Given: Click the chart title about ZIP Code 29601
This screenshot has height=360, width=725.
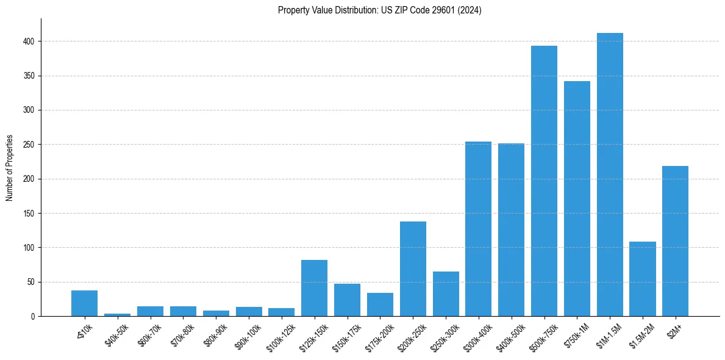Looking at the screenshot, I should click(379, 10).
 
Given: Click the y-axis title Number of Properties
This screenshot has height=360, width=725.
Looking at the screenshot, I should click(10, 167).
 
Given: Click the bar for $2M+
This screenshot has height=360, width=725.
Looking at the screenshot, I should click(675, 241).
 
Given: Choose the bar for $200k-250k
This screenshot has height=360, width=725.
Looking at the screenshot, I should click(413, 268).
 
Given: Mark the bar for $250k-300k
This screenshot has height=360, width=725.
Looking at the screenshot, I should click(446, 293).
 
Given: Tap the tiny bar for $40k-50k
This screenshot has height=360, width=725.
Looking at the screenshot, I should click(117, 315).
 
